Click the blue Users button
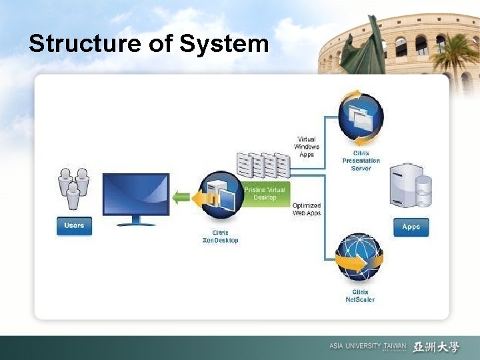73,225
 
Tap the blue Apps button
411,227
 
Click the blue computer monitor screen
135,194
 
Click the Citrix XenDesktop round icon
219,196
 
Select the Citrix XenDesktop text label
220,236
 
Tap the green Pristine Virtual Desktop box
265,194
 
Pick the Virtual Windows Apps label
307,147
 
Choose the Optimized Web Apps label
307,209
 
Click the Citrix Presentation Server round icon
361,118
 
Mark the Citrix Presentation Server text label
361,161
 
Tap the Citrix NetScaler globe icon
360,257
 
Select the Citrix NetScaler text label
360,296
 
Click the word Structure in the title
74,43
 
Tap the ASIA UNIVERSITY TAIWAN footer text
367,347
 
